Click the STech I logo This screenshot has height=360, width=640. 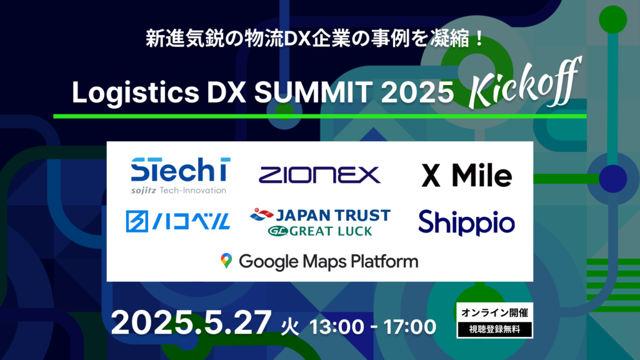coord(180,171)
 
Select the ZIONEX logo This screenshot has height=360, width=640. coord(319,174)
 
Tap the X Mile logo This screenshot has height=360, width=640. coord(466,176)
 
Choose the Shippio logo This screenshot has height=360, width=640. coord(466,222)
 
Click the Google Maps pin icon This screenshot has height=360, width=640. coord(226,261)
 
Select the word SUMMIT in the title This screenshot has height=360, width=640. coord(312,94)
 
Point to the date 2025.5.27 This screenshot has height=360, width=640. coord(191,324)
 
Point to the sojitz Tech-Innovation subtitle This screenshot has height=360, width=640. coord(179,190)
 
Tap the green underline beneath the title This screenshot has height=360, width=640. coord(319,116)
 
